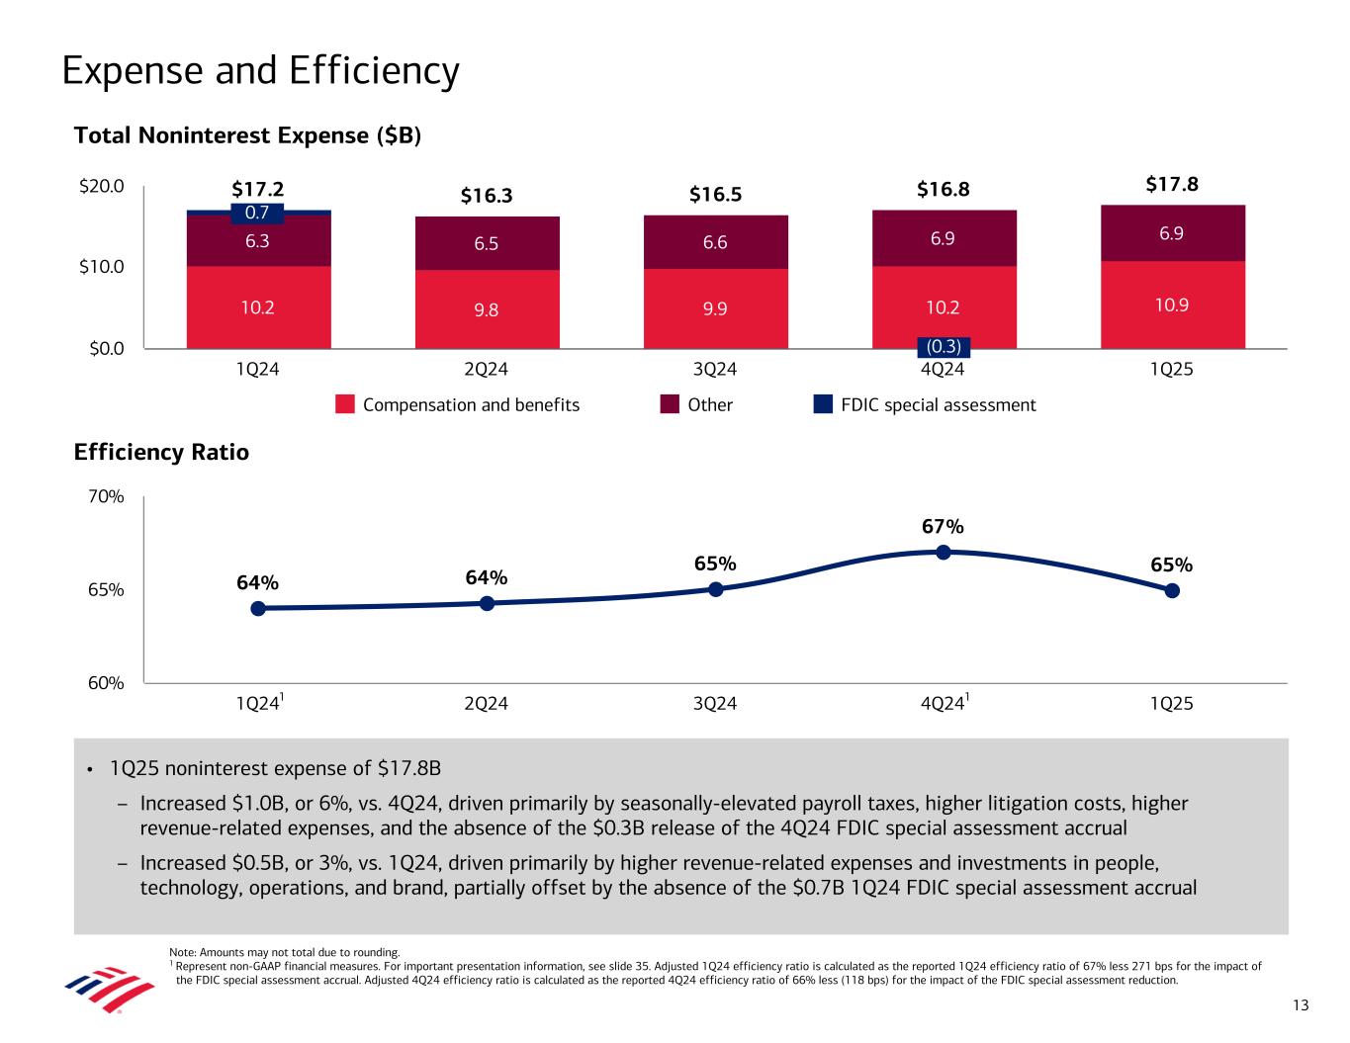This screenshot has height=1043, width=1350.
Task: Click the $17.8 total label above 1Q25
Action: [1172, 185]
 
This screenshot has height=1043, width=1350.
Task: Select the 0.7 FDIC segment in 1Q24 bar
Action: [257, 213]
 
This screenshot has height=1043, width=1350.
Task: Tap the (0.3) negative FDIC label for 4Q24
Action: [943, 347]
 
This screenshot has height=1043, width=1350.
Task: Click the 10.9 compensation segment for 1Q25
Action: [1172, 304]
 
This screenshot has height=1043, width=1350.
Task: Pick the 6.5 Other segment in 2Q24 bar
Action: [487, 243]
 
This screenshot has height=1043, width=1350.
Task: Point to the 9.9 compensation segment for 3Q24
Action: [715, 308]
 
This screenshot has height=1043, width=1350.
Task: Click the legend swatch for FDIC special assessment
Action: [823, 404]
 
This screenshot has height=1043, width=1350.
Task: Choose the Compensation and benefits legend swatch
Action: [345, 404]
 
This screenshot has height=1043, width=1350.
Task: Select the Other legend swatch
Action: [670, 404]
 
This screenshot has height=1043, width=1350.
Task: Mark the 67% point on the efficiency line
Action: [944, 552]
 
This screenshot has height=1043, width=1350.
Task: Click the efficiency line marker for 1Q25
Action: [1172, 590]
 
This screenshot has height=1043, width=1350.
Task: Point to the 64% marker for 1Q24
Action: [258, 608]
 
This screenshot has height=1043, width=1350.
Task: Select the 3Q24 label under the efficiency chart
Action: [715, 704]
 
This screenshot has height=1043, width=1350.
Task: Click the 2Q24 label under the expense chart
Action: [486, 370]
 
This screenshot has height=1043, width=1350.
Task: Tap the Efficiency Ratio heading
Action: [161, 453]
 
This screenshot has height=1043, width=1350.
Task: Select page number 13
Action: [1300, 1006]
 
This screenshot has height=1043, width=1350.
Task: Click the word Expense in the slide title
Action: [133, 71]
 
